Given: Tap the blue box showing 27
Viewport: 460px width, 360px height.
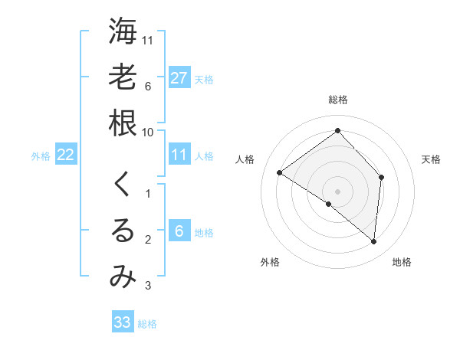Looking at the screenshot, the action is (179, 78).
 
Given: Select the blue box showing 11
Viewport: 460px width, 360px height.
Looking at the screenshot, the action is (179, 155).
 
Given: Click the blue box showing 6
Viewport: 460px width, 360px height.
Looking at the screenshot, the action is (179, 232).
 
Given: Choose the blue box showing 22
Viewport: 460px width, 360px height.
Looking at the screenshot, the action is (65, 155).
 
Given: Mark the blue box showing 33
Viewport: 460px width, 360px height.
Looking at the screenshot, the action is (122, 322).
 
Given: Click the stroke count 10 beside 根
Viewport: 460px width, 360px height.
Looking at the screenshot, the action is (148, 132).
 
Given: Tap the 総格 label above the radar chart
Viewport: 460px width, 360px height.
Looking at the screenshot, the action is (338, 100).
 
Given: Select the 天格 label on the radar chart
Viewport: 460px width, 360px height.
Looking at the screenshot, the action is (431, 159).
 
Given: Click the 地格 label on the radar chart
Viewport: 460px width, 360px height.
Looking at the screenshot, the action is (402, 262).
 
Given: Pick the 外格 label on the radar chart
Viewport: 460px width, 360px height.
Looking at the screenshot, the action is (269, 262).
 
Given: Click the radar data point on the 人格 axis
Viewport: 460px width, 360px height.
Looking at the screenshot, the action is (280, 172).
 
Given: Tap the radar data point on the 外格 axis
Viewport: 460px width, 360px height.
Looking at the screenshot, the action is (329, 204).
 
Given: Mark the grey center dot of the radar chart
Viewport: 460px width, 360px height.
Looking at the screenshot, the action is (338, 191).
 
